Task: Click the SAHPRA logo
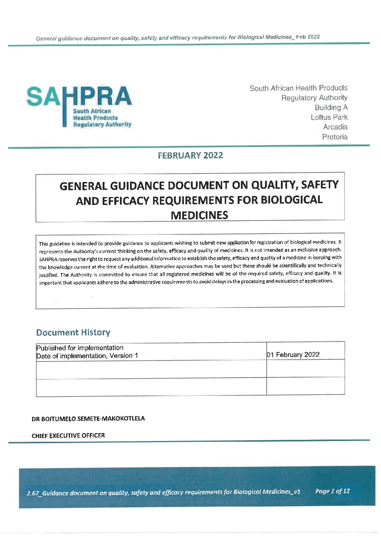(79, 106)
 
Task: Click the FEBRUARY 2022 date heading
(190, 155)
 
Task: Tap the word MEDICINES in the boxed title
(199, 215)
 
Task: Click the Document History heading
(73, 332)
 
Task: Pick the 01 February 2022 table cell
(293, 355)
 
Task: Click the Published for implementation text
(80, 348)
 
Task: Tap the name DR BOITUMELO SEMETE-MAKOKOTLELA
(88, 418)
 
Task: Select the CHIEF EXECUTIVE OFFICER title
(68, 435)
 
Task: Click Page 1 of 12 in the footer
(332, 491)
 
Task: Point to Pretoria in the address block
(335, 137)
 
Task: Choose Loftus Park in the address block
(329, 117)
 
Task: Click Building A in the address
(331, 107)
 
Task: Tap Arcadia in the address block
(335, 127)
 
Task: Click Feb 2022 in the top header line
(308, 37)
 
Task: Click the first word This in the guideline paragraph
(43, 244)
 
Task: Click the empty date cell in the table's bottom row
(305, 386)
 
